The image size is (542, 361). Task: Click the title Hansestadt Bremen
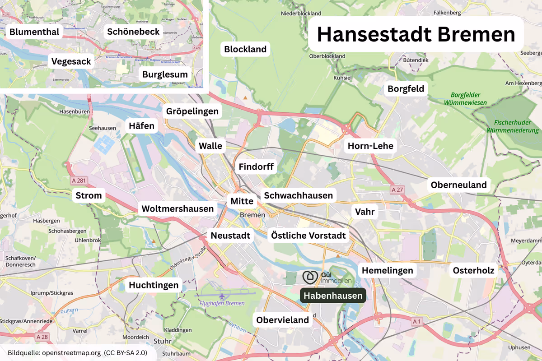416,34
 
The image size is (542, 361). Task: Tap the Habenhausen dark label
333,296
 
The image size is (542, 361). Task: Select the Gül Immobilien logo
327,277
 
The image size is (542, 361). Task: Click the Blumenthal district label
34,32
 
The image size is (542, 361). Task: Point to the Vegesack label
71,61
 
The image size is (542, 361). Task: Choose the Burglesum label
165,74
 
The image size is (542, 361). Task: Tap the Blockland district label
245,49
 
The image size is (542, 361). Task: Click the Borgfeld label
406,89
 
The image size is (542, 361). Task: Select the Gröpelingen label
192,111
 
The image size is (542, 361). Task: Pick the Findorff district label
256,167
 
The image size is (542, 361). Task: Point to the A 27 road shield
397,190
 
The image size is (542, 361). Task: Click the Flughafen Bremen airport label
222,303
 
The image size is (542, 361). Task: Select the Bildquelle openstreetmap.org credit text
77,352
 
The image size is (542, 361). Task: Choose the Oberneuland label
458,185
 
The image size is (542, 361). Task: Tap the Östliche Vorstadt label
308,235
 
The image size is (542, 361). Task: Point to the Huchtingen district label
154,285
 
